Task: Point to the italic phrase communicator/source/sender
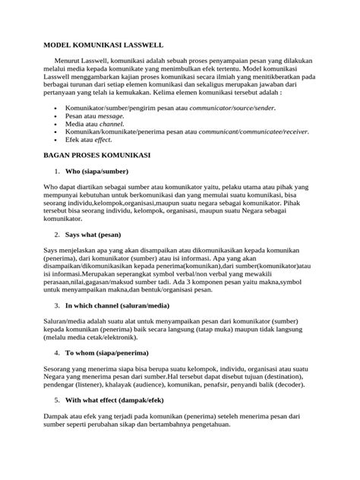[223, 109]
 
